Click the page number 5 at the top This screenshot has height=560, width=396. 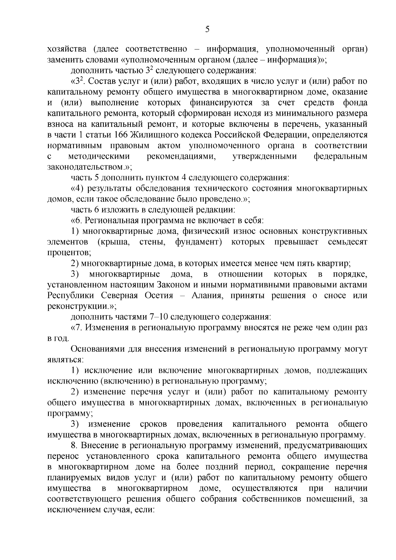click(207, 29)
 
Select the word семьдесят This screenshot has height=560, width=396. click(347, 242)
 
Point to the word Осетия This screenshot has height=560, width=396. click(159, 295)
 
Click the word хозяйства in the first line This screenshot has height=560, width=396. click(67, 49)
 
